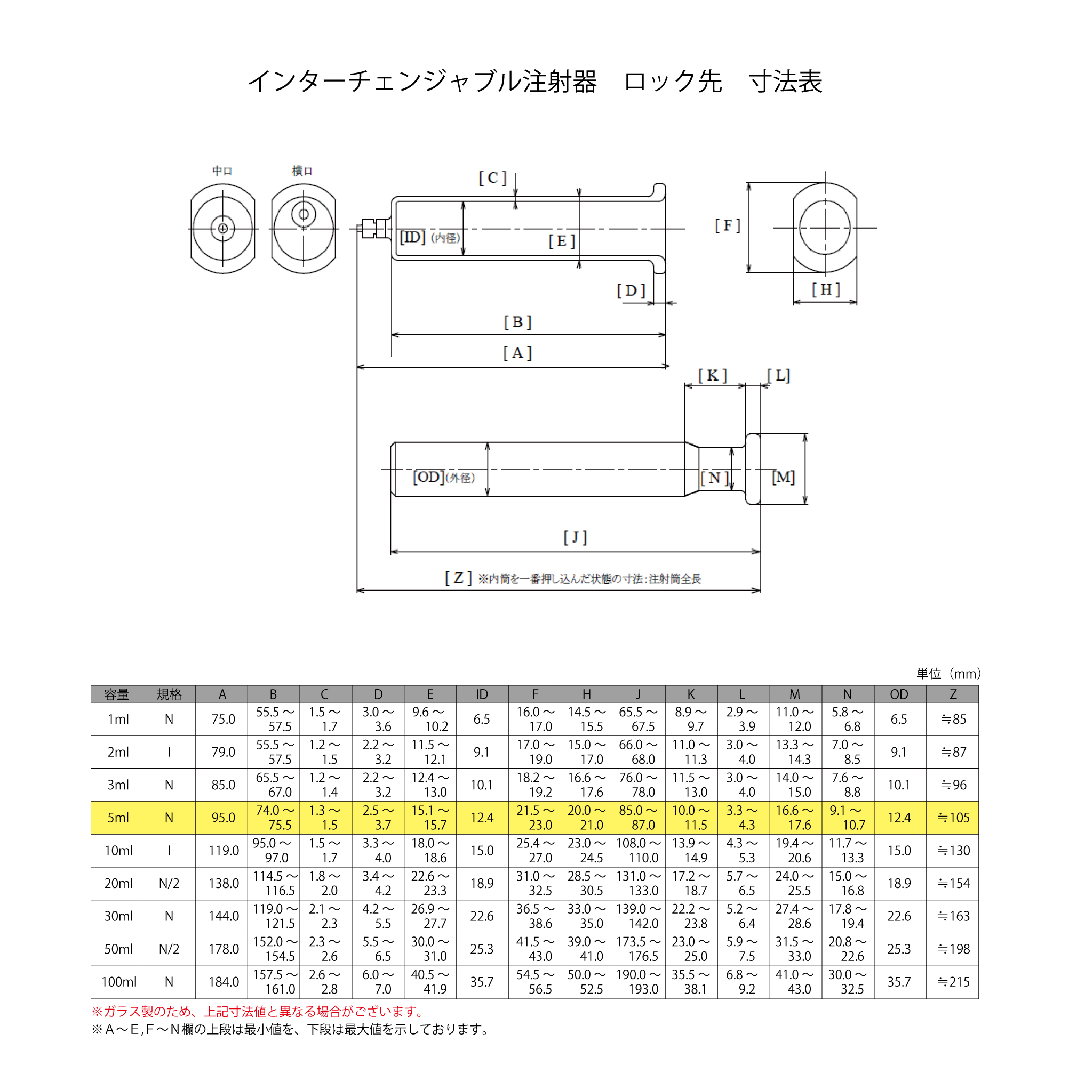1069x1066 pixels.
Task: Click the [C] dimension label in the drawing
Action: coord(492,178)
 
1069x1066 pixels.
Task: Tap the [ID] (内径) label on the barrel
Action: coord(430,238)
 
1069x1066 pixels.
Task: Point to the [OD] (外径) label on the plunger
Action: coord(444,477)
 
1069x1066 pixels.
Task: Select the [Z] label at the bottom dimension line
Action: coord(458,578)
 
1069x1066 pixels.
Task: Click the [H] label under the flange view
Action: coord(826,289)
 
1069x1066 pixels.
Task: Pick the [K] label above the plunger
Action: coord(713,376)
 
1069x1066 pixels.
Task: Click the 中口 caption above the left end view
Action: coord(222,171)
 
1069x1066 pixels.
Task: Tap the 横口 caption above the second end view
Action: coord(302,171)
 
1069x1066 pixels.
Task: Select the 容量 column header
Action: coord(117,694)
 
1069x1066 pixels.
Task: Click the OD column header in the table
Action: coord(899,694)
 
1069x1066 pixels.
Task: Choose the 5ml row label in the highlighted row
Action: coord(118,818)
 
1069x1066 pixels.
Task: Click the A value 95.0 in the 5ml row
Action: coord(224,818)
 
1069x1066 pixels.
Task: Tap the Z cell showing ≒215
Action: coord(953,982)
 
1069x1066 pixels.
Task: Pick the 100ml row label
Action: coord(119,982)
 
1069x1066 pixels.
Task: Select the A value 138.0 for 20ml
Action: coord(224,884)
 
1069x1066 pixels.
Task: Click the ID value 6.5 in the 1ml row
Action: coord(482,720)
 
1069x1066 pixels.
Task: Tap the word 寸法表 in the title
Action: coord(786,82)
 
